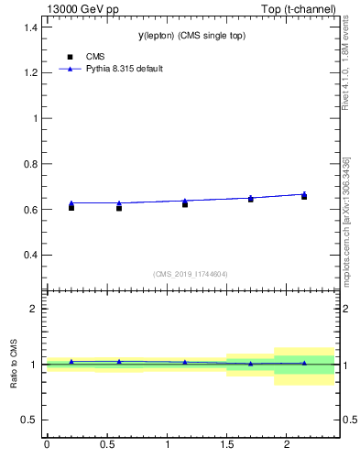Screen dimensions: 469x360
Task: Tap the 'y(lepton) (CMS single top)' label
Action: [x=192, y=35]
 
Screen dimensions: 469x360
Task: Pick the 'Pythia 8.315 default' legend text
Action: [x=124, y=69]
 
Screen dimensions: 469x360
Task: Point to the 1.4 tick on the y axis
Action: [x=31, y=27]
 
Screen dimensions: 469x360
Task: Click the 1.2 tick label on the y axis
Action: [x=31, y=72]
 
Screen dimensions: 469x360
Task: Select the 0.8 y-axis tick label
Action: [x=31, y=164]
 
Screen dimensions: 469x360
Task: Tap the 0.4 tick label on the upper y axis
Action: [x=31, y=255]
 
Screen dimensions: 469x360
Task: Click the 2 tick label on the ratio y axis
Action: [x=35, y=309]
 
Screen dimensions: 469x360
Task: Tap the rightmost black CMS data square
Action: [x=304, y=197]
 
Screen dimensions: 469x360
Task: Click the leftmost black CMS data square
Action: [x=71, y=208]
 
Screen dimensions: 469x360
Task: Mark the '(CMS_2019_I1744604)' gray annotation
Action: [x=191, y=274]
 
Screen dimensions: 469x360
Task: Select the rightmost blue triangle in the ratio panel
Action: [x=304, y=363]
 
